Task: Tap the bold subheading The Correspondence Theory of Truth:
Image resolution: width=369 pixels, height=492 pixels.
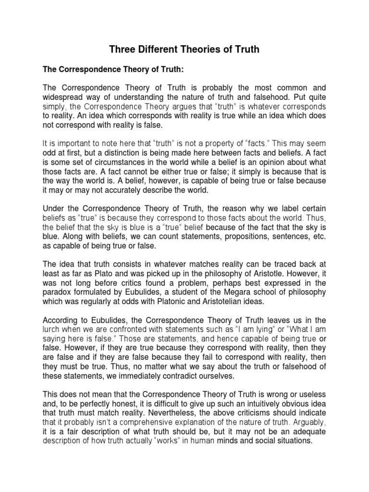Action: pos(113,69)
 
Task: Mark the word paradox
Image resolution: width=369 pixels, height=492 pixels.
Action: pos(58,292)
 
